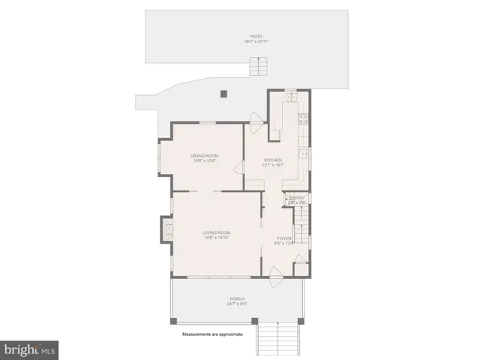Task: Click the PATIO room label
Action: click(256, 36)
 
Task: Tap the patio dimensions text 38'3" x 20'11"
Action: click(256, 41)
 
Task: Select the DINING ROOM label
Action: click(204, 155)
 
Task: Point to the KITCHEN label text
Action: click(273, 160)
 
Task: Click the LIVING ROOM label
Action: click(216, 232)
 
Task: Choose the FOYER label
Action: click(284, 238)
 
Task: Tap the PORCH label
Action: click(237, 298)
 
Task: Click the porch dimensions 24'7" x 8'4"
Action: click(237, 304)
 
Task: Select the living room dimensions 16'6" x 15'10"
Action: click(216, 238)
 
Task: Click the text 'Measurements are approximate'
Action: click(213, 334)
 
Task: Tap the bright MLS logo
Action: click(30, 349)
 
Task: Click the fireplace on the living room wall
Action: click(166, 229)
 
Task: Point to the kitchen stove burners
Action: click(304, 118)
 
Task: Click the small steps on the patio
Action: click(259, 67)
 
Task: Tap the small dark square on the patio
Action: click(223, 94)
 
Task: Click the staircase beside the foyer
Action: click(302, 225)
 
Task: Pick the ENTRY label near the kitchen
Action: click(296, 199)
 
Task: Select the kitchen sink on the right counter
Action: click(304, 153)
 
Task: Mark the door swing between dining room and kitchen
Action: click(238, 167)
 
